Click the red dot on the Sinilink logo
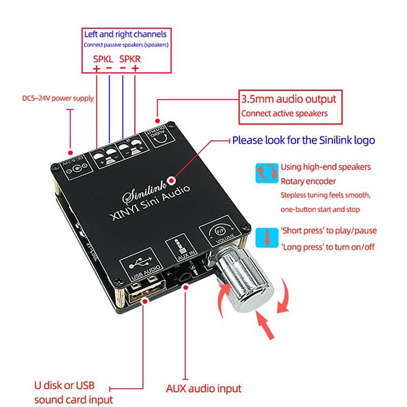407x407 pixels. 171,180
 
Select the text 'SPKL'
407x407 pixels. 103,59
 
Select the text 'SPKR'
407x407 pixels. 130,59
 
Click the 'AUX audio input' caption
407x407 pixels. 203,389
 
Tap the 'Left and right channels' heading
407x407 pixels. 125,35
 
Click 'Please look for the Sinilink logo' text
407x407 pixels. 303,140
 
